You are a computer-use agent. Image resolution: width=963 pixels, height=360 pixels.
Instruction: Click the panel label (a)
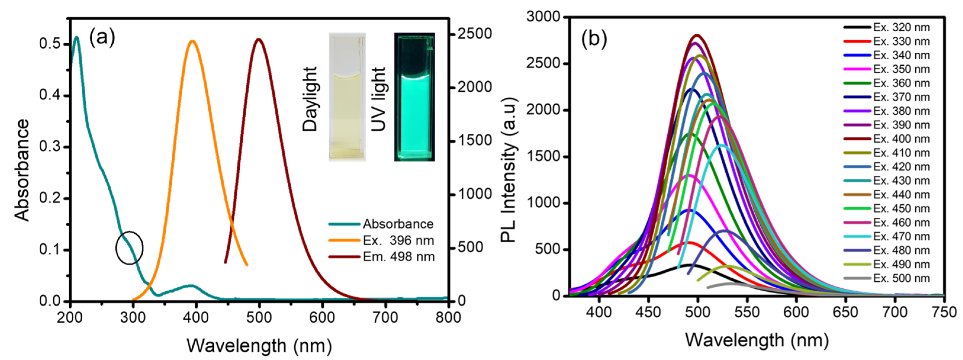102,38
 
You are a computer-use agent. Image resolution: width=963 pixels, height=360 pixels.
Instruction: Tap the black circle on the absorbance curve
129,248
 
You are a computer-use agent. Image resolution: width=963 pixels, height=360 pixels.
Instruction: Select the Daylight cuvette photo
347,97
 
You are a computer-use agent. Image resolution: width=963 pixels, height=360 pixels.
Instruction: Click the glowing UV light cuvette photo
414,97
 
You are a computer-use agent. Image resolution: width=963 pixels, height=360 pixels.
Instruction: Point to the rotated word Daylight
310,99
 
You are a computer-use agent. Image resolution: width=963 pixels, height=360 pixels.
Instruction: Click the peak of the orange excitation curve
193,41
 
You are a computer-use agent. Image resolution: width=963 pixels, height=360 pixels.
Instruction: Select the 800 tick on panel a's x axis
448,317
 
